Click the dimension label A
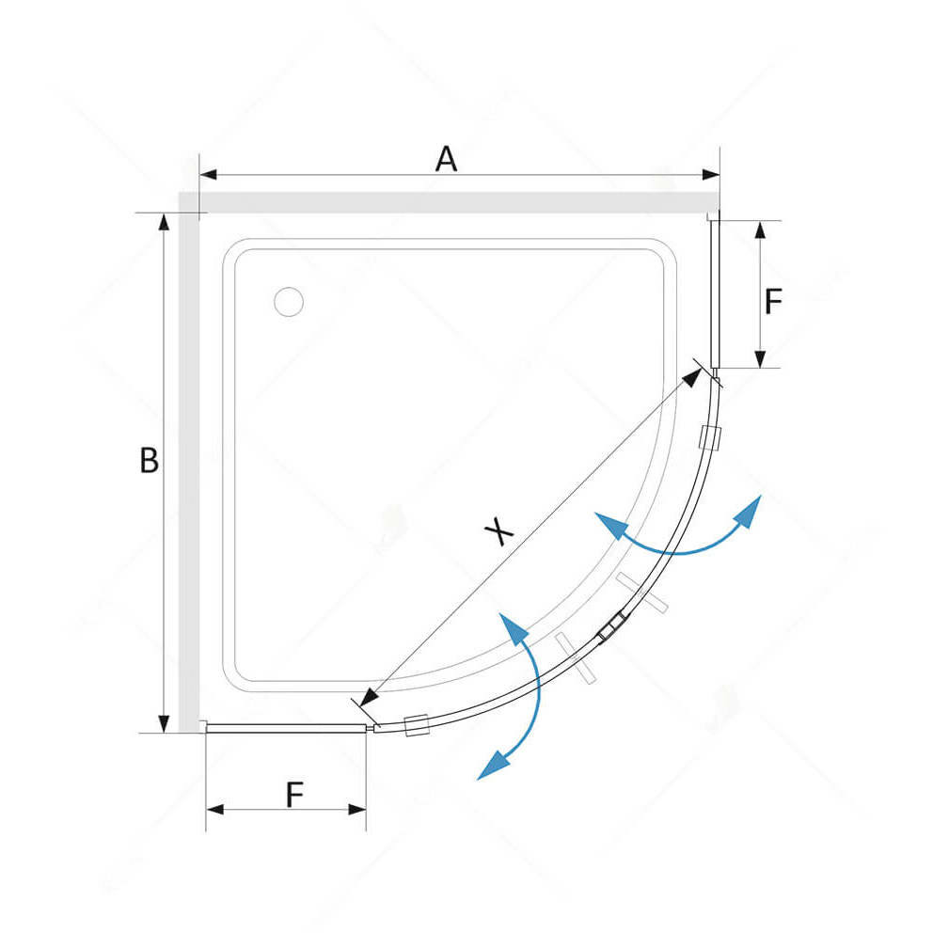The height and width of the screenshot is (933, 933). point(446,159)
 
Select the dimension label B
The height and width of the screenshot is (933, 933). point(149,461)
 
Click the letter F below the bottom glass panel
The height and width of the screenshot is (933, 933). point(294,796)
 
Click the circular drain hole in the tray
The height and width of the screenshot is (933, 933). point(288,301)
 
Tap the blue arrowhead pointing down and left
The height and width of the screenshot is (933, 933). point(490,767)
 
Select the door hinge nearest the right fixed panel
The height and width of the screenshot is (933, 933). point(711,437)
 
